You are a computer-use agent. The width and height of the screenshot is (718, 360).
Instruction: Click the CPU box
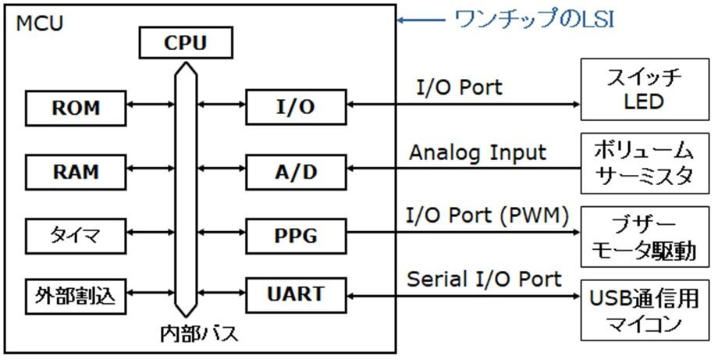(186, 43)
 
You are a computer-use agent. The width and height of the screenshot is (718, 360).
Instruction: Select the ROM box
(76, 108)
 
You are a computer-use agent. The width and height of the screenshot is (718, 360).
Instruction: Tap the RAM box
(76, 173)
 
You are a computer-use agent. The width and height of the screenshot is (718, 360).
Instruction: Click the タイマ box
(76, 237)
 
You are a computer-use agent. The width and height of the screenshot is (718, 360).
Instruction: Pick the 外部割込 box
(76, 296)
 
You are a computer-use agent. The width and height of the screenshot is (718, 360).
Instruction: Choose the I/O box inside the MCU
(296, 107)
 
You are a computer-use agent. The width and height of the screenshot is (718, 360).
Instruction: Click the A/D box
(296, 173)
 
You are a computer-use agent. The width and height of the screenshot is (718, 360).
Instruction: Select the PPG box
(296, 237)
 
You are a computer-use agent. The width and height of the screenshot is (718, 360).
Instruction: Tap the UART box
(296, 295)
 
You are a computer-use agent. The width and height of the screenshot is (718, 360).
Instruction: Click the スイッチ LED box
(645, 89)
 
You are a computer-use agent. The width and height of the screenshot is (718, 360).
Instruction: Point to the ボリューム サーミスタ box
(645, 163)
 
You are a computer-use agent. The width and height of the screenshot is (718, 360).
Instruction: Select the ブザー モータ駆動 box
(645, 237)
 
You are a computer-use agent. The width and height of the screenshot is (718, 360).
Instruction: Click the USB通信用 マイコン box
(645, 311)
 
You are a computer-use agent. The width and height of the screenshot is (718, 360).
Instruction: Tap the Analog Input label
(478, 153)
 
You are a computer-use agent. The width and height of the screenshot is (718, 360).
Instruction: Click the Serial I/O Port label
(484, 279)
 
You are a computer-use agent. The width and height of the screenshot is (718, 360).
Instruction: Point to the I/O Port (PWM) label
(488, 216)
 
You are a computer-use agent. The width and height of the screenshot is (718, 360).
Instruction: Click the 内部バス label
(199, 334)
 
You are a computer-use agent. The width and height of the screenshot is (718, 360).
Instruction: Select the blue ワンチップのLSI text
(534, 20)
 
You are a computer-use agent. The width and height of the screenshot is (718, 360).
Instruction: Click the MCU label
(39, 23)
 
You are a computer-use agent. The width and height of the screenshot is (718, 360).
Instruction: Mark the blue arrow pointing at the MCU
(421, 20)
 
